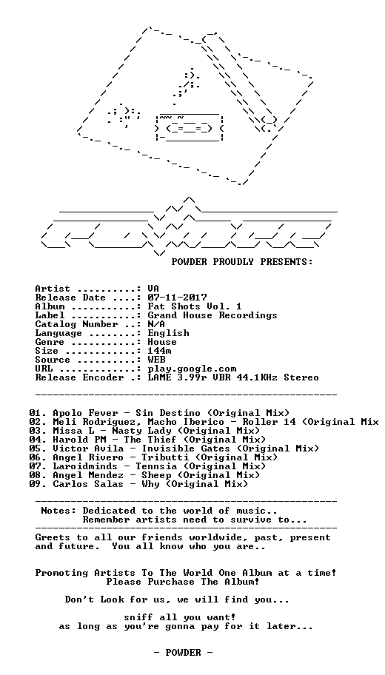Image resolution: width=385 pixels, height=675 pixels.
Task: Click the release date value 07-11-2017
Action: (x=178, y=298)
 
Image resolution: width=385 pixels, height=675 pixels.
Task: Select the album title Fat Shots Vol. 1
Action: (x=195, y=306)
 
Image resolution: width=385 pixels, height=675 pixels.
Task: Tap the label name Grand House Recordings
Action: (x=212, y=315)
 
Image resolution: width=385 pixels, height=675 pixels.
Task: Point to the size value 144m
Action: (x=159, y=351)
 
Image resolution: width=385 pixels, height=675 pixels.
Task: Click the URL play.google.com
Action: (x=192, y=369)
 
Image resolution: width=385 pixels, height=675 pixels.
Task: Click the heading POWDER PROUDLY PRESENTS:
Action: (x=242, y=262)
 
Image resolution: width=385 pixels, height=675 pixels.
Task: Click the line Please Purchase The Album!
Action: (x=183, y=582)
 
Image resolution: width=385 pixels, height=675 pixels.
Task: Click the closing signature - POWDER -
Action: (x=183, y=653)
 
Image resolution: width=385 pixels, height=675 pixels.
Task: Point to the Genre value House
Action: (x=162, y=342)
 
